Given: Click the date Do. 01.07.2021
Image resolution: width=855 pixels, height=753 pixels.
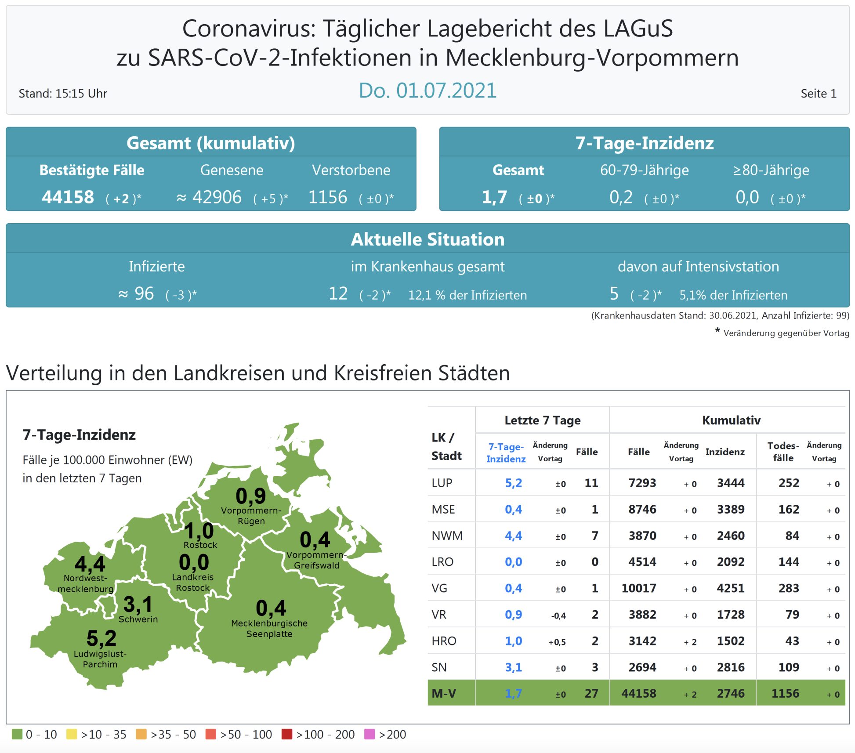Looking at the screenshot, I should (x=427, y=91).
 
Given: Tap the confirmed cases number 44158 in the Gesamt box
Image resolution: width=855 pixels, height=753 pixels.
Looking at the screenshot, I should (x=68, y=197).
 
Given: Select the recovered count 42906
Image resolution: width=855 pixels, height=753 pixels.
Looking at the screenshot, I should (x=217, y=197).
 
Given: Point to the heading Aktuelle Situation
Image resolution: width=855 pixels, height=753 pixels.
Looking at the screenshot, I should (x=427, y=239).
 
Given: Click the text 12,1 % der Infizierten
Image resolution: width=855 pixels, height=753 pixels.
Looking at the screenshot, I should (x=467, y=295).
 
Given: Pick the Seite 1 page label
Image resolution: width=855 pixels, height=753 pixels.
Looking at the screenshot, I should (x=818, y=94).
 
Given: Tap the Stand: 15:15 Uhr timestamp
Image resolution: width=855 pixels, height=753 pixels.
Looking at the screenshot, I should (x=63, y=94).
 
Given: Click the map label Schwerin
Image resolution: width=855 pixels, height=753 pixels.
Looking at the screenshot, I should (x=138, y=619).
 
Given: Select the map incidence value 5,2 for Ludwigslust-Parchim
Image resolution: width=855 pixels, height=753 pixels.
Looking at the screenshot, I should (x=101, y=638).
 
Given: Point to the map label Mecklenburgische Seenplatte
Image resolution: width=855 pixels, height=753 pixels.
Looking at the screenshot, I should (x=269, y=629).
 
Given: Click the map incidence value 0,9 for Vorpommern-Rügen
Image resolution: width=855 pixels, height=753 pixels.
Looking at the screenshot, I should (x=251, y=496).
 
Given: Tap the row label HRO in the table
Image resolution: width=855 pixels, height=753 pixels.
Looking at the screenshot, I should (x=444, y=641).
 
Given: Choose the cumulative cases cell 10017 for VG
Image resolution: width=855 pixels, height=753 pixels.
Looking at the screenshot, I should (x=638, y=588).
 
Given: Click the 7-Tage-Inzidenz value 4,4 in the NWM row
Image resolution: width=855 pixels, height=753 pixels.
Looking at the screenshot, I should (x=513, y=536).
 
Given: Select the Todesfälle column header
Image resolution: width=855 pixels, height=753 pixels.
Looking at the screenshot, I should (x=783, y=452).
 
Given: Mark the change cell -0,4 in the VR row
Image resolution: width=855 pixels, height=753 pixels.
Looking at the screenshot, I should (x=558, y=615).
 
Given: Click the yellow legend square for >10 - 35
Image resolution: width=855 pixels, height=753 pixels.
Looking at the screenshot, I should (x=72, y=734).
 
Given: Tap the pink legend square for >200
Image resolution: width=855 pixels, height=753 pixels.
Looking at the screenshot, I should (x=370, y=734).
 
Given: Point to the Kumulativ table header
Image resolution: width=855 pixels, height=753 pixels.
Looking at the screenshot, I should (x=731, y=420).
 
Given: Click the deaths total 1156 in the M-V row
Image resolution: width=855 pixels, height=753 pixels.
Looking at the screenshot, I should (x=785, y=694).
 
